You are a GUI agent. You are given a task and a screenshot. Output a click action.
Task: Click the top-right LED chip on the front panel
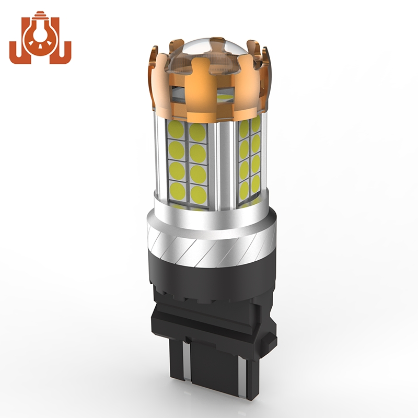click(x=198, y=132)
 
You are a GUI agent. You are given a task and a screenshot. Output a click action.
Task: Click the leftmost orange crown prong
click(x=153, y=76)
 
